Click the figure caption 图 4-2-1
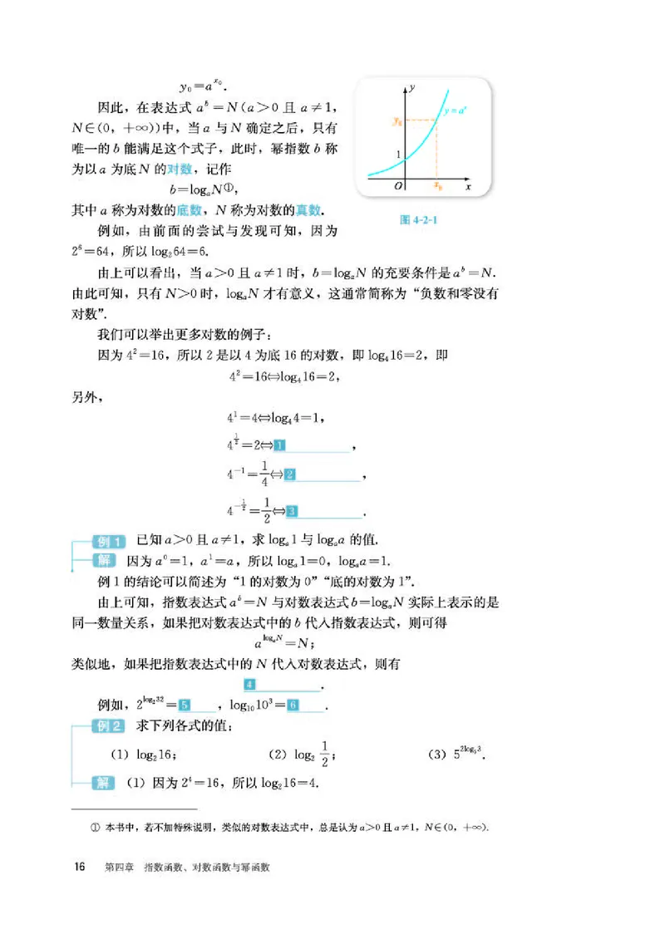click(419, 222)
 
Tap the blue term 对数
click(180, 168)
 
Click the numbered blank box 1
click(279, 445)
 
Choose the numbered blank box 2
click(290, 474)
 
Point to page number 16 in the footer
click(81, 867)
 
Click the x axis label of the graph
click(468, 188)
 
